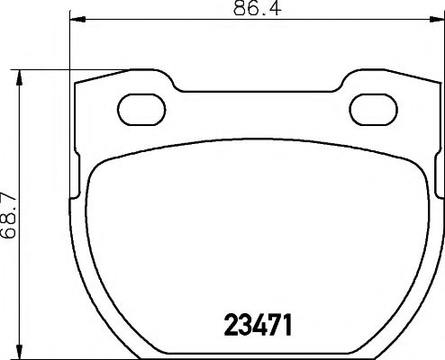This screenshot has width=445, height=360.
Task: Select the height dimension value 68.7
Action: click(x=10, y=216)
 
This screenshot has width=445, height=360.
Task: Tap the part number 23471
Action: click(x=259, y=321)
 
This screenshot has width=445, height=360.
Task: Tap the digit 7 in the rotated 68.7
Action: click(x=10, y=197)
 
